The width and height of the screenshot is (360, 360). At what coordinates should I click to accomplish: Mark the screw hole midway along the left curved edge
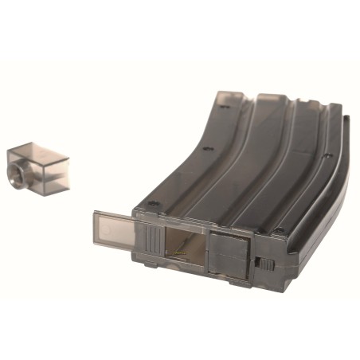[205, 148]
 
